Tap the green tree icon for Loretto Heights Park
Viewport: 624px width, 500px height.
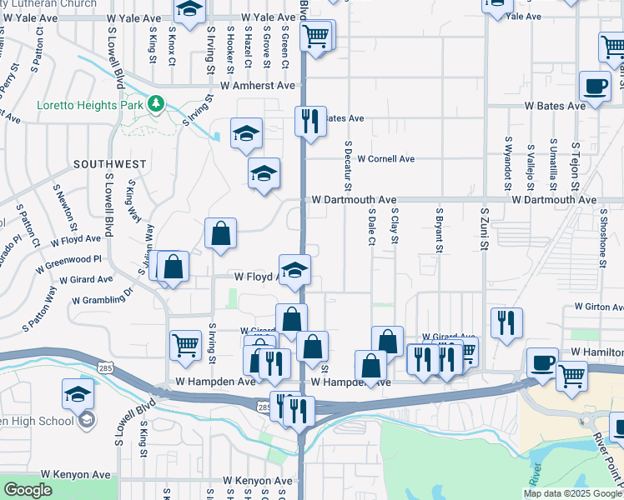(x=154, y=103)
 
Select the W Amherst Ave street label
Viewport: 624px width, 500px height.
(x=258, y=85)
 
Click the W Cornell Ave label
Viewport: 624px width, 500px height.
(x=385, y=158)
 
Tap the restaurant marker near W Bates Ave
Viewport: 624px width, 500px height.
(x=310, y=122)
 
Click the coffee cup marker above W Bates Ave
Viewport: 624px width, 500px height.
(x=596, y=86)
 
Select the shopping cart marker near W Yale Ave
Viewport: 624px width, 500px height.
(x=317, y=35)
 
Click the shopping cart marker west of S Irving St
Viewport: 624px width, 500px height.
(x=184, y=344)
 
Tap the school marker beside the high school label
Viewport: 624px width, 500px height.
(x=78, y=392)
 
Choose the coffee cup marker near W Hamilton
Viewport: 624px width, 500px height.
(x=542, y=362)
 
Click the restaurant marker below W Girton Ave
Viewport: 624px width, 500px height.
(x=506, y=322)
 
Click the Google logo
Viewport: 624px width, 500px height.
(x=28, y=490)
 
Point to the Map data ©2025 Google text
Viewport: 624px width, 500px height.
(x=572, y=493)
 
